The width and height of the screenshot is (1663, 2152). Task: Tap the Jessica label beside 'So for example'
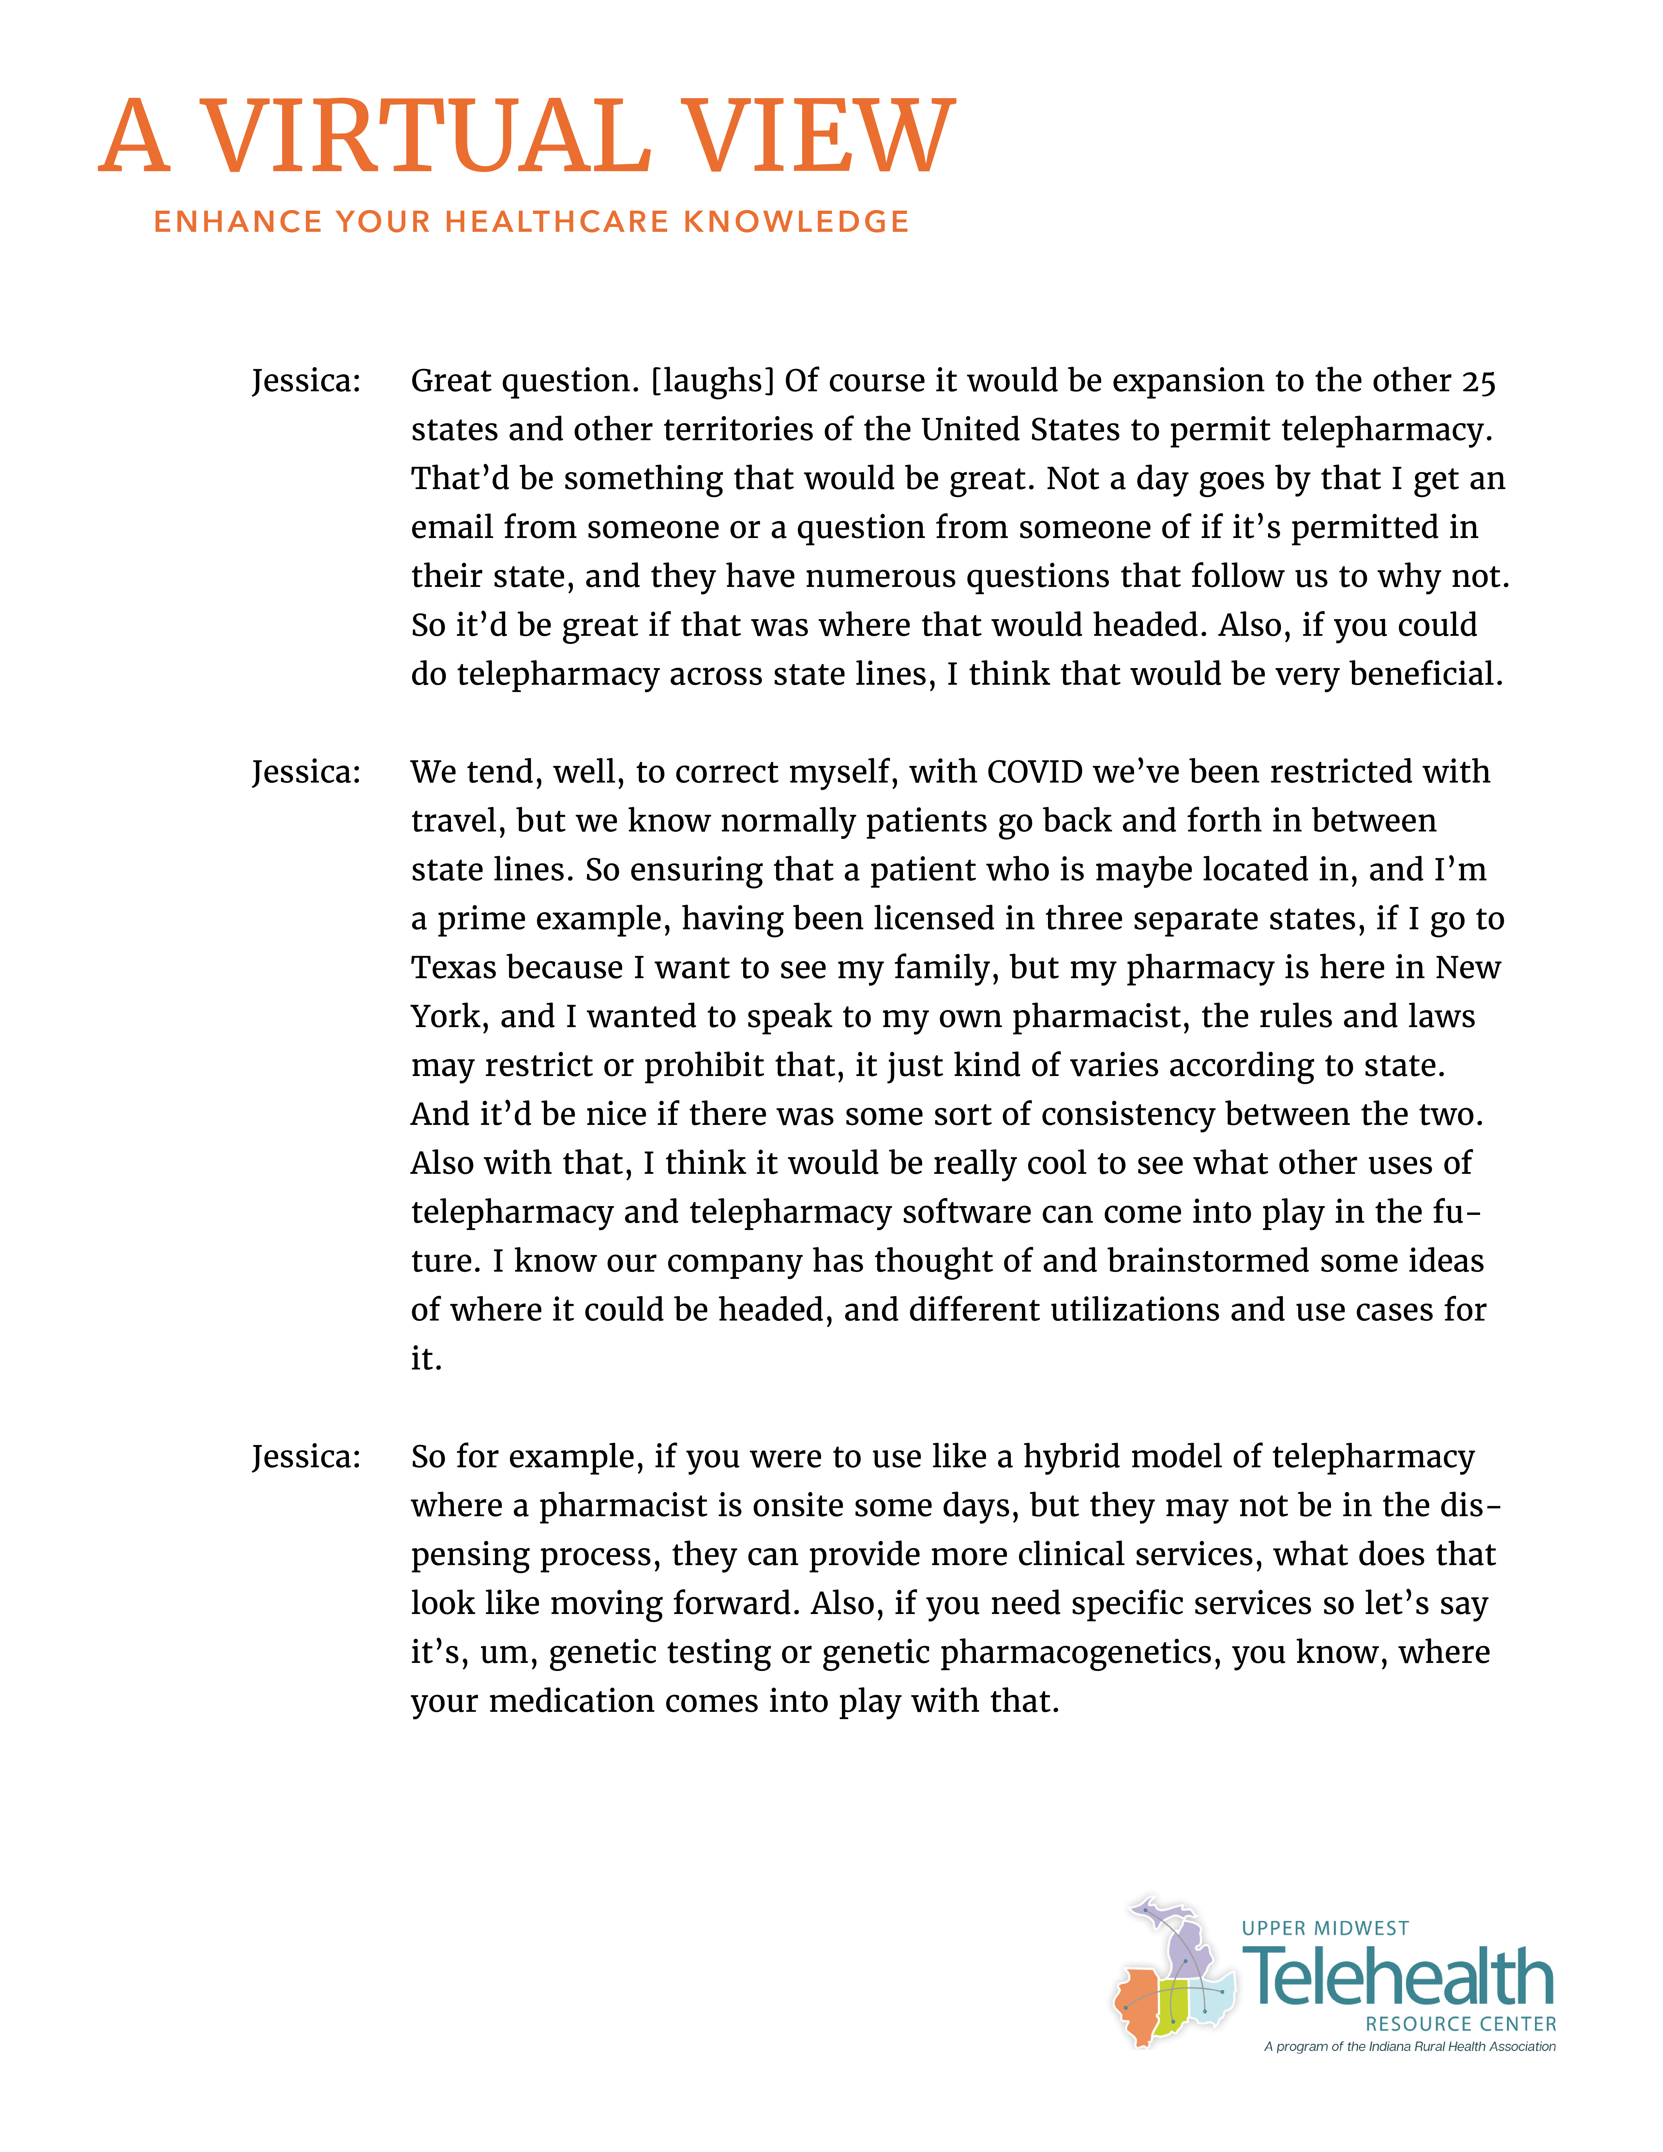coord(307,1456)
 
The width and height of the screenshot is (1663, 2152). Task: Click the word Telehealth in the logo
coord(1399,1978)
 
